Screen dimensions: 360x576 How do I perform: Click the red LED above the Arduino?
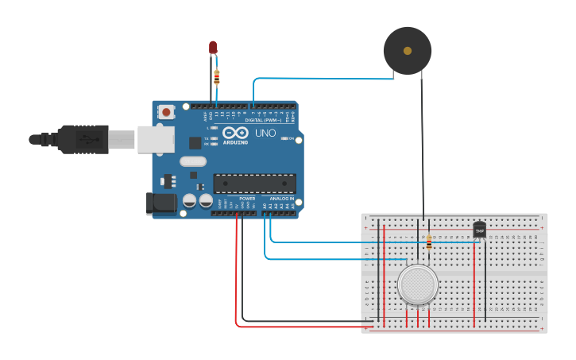pos(213,48)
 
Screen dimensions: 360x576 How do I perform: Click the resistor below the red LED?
pos(217,77)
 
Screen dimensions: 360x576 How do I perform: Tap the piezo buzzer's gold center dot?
pos(408,51)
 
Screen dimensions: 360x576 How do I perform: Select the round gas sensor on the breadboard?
pos(417,285)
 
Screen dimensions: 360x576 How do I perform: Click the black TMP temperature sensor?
pos(479,230)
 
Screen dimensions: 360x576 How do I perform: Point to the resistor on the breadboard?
pos(429,242)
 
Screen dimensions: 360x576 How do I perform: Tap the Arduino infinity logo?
pos(235,133)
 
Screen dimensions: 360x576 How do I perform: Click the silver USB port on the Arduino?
pos(156,139)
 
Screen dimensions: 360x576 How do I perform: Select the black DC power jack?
pos(161,203)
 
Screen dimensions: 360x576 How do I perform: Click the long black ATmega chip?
pos(254,184)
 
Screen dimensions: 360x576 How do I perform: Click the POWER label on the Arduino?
pos(247,199)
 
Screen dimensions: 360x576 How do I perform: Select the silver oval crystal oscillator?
pos(193,161)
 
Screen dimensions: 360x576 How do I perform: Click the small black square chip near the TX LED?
pos(195,143)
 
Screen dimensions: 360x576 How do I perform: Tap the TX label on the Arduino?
pos(207,138)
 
